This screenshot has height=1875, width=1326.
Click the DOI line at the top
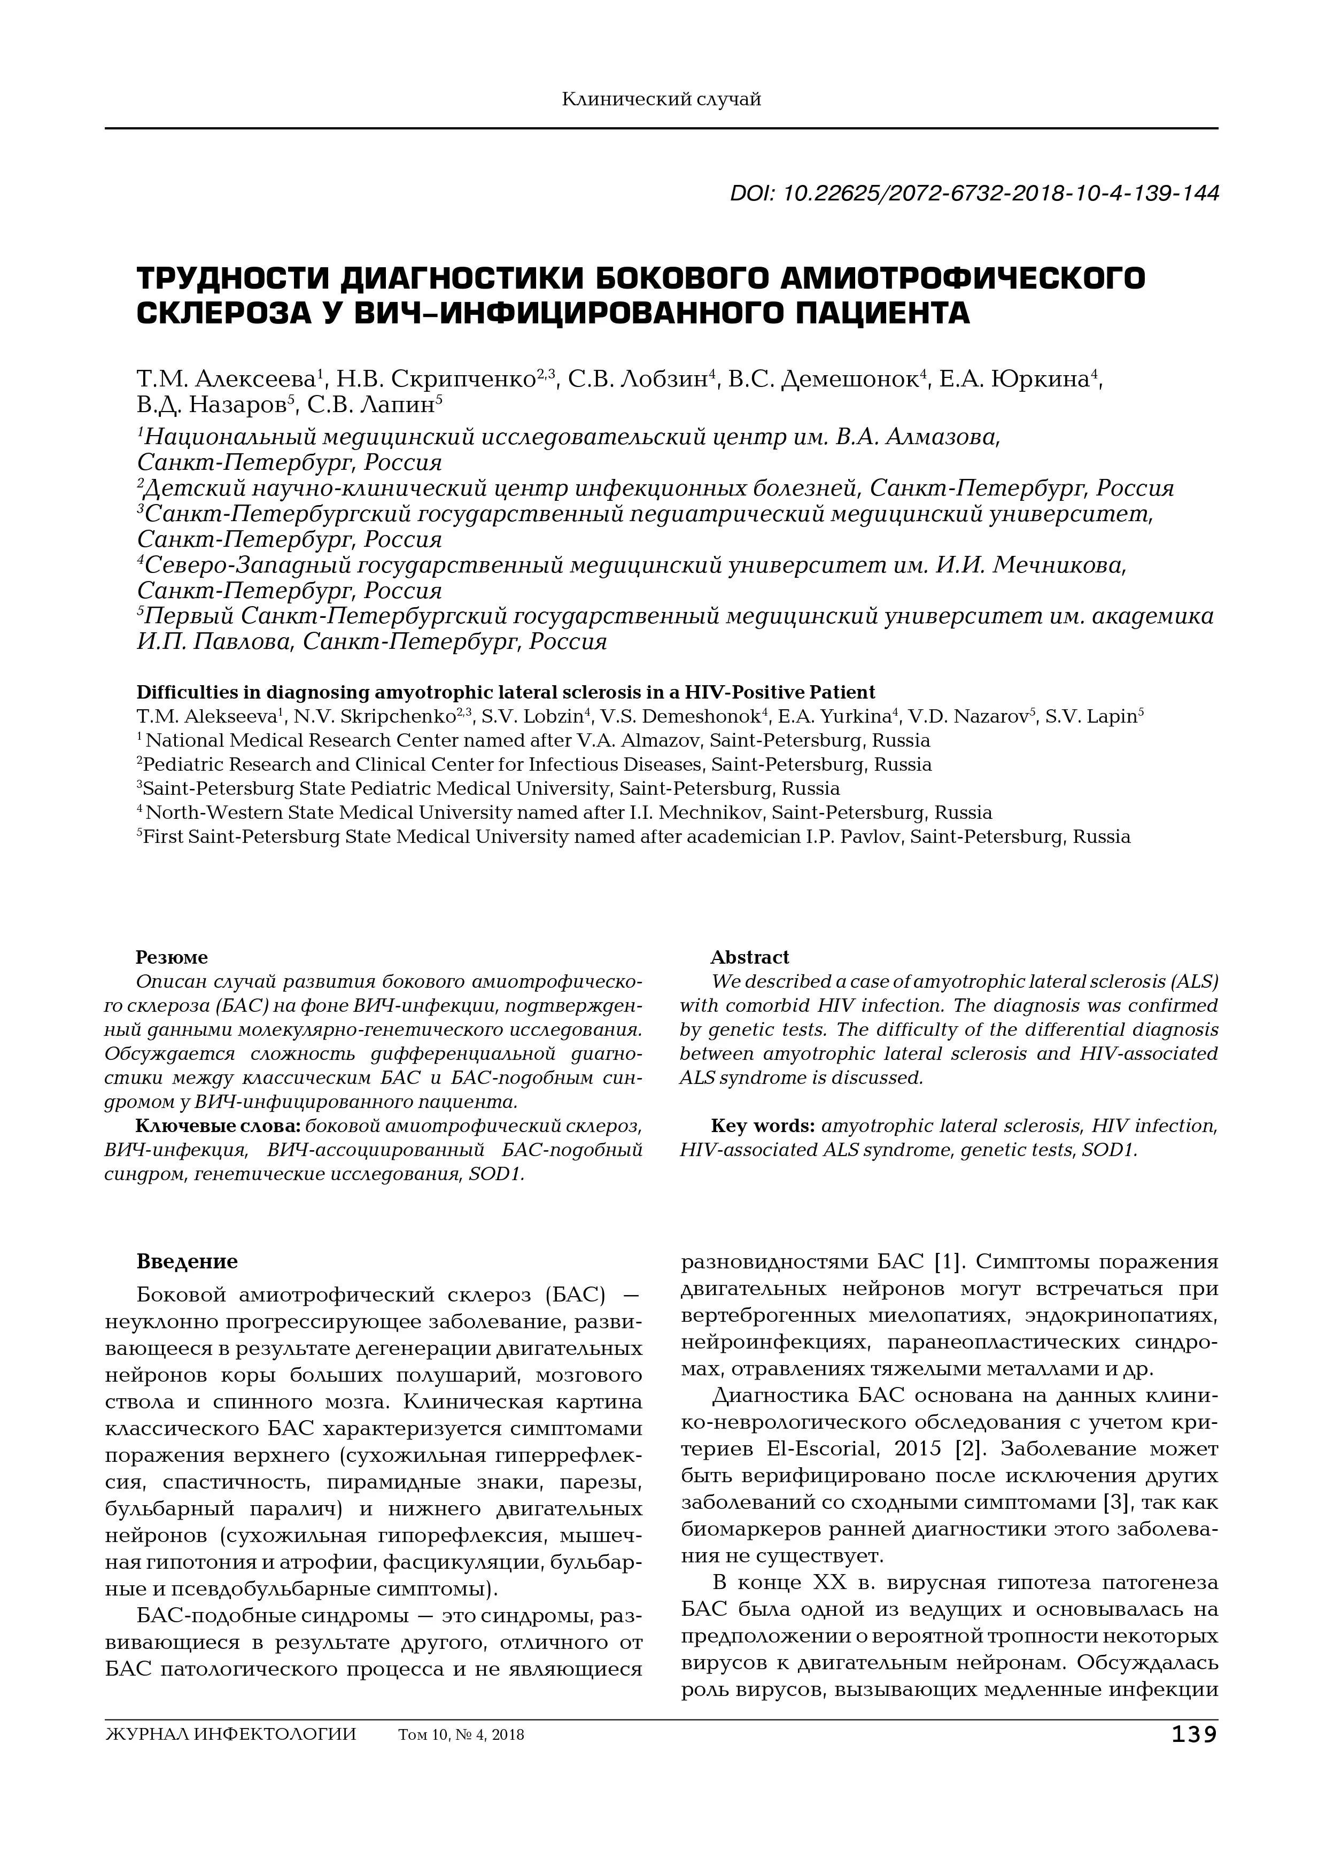coord(974,193)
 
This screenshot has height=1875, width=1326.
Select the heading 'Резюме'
coord(172,957)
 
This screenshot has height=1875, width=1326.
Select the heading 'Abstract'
coord(749,957)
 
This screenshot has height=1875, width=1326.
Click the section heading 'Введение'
coord(187,1262)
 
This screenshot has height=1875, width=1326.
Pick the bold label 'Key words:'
coord(763,1126)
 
